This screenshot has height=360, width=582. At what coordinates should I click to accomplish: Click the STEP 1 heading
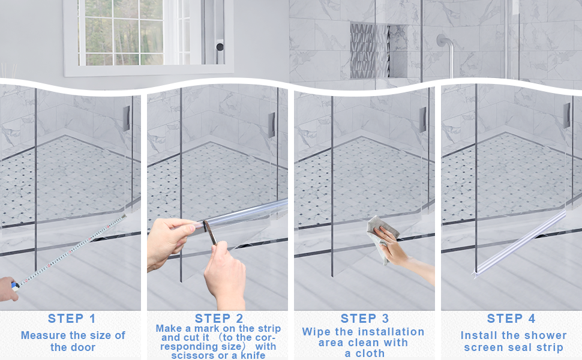71,319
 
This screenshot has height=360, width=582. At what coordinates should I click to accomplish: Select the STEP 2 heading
219,319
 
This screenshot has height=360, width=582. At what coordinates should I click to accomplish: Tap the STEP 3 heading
365,319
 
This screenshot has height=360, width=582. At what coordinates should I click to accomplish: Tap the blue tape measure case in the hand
14,284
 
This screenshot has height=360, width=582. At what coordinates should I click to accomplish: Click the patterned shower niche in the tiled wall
370,50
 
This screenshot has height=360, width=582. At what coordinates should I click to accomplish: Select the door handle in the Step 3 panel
422,119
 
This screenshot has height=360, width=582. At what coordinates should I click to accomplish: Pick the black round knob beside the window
220,47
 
